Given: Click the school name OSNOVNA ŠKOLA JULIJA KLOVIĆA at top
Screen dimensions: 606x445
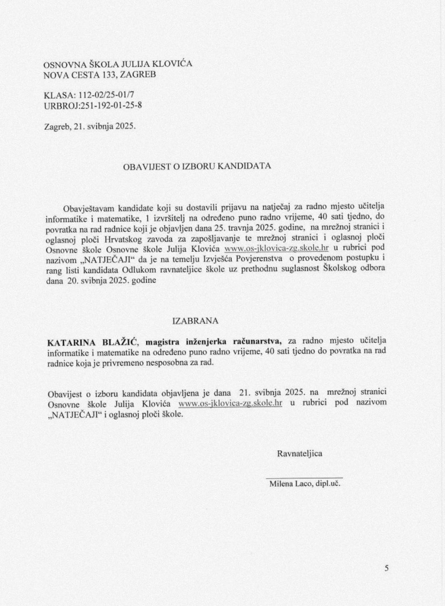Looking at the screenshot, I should (118, 64).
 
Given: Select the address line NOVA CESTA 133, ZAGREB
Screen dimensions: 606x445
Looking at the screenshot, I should (100, 75).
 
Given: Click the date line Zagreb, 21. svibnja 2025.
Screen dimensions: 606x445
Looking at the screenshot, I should (90, 126).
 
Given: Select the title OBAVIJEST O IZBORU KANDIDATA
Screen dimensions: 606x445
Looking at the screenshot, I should (197, 166).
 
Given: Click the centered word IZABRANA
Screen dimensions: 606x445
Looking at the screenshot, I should (195, 321).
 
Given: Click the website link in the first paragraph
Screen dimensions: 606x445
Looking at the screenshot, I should (276, 248).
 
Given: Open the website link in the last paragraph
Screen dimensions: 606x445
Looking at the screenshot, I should (230, 403).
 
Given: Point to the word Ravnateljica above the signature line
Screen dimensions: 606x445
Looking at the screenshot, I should (300, 454).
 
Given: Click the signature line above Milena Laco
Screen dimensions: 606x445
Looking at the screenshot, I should (304, 477).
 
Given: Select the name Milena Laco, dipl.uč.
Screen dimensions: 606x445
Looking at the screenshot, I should (304, 484).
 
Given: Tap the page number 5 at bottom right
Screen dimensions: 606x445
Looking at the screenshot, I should (386, 568).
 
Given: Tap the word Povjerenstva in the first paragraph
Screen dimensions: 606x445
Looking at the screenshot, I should (257, 259).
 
